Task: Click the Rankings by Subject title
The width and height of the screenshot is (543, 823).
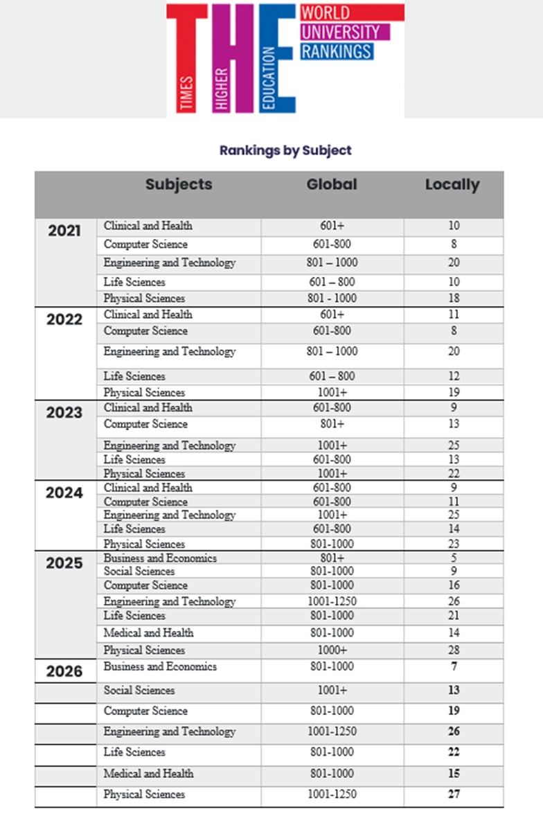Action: pyautogui.click(x=285, y=150)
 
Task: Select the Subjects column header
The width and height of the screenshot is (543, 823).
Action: pyautogui.click(x=179, y=184)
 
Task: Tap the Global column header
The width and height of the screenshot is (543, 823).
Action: pyautogui.click(x=332, y=184)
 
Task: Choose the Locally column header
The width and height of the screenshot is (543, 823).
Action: pyautogui.click(x=452, y=185)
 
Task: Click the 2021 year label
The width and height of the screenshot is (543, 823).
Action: pyautogui.click(x=64, y=231)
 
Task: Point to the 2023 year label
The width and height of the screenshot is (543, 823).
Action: pyautogui.click(x=64, y=412)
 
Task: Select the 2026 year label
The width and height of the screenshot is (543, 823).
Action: pyautogui.click(x=64, y=671)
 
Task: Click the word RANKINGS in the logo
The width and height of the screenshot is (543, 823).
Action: pyautogui.click(x=337, y=51)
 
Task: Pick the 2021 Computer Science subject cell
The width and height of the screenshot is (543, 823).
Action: pyautogui.click(x=145, y=245)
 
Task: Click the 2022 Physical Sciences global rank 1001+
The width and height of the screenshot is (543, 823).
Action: pyautogui.click(x=332, y=392)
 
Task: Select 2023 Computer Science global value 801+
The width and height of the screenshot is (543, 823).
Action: pyautogui.click(x=332, y=424)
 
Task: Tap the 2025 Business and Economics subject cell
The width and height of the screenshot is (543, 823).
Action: pyautogui.click(x=160, y=558)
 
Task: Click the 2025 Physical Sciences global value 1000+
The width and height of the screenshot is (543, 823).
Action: pyautogui.click(x=332, y=651)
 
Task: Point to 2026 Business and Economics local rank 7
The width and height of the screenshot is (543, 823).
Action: pyautogui.click(x=454, y=666)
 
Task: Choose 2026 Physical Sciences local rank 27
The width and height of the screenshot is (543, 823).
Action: pyautogui.click(x=454, y=795)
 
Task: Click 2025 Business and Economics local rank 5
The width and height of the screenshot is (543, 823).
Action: pyautogui.click(x=454, y=558)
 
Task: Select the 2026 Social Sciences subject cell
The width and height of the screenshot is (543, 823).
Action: pyautogui.click(x=139, y=690)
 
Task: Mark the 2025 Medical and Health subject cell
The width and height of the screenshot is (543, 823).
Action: pyautogui.click(x=148, y=632)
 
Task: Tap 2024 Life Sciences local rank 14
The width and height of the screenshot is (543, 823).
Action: pyautogui.click(x=454, y=529)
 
